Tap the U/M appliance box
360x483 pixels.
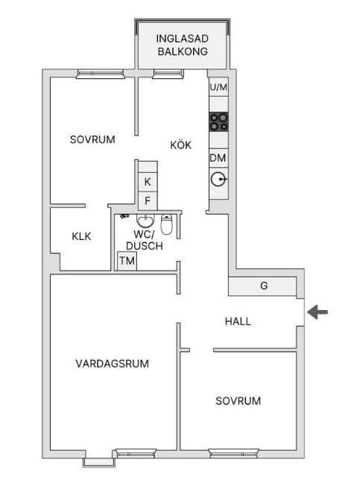[x=218, y=88]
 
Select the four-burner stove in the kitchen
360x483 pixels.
[x=218, y=121]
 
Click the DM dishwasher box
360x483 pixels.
[x=218, y=158]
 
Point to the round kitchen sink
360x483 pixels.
[x=218, y=179]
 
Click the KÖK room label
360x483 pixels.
[x=180, y=145]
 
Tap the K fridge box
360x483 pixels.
[x=148, y=182]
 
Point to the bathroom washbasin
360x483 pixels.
[x=144, y=222]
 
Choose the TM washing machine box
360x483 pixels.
[x=127, y=261]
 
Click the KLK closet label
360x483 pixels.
[x=81, y=236]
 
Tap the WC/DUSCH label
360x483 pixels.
[x=144, y=239]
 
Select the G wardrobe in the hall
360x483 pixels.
[x=263, y=285]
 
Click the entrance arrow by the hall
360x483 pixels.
[x=318, y=312]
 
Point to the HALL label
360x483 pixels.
[x=238, y=321]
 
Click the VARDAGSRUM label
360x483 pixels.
[x=113, y=364]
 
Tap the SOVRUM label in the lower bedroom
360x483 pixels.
[x=239, y=400]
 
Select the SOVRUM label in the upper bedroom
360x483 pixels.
[x=92, y=139]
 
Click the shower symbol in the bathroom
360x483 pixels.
[x=123, y=216]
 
